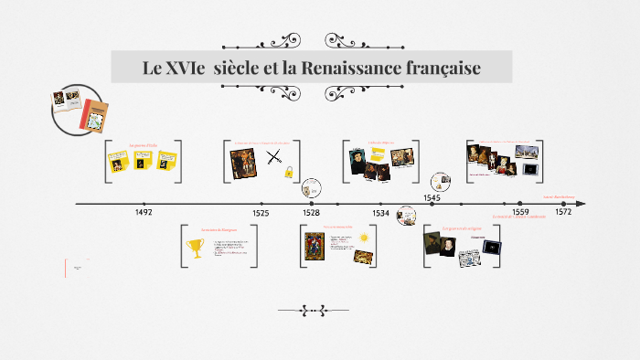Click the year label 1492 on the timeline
[x=143, y=212]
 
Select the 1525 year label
[x=261, y=212]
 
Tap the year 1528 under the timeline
[x=312, y=212]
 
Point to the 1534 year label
[x=380, y=212]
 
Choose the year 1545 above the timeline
[x=432, y=196]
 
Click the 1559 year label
[x=519, y=212]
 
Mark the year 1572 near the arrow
[x=562, y=212]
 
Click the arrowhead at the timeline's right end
[x=581, y=204]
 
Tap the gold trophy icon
[x=194, y=246]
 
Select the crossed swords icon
[x=273, y=157]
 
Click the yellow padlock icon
[x=289, y=172]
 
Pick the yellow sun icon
[x=364, y=238]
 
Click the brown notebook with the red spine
[x=93, y=114]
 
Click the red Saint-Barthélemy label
[x=560, y=196]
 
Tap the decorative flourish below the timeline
[x=313, y=311]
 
